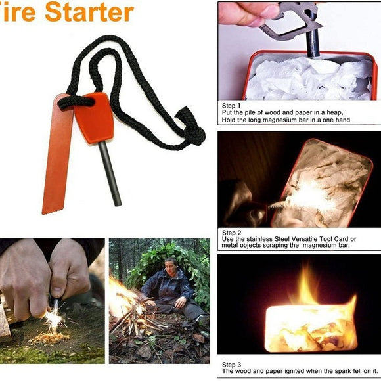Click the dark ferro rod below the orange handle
pos(109,171)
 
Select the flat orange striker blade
pos(55,158)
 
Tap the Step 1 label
pos(232,106)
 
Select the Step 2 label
pos(232,233)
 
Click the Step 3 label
pos(232,365)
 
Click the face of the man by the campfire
pos(170,267)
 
